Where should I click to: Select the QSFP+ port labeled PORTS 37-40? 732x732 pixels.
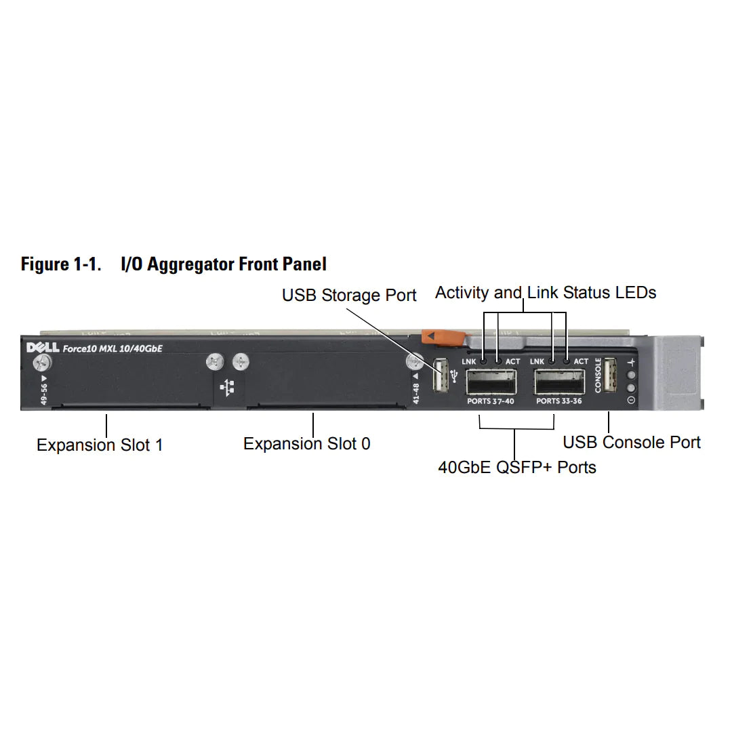pos(491,382)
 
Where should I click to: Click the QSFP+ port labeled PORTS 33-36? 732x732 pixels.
pos(560,382)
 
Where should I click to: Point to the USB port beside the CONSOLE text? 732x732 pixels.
pos(609,374)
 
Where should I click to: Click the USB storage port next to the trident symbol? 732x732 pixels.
pos(441,374)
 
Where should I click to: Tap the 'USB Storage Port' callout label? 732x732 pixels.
pos(349,296)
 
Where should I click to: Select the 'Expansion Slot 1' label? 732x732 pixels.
pos(100,445)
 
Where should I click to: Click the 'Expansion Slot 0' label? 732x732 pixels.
pos(307,444)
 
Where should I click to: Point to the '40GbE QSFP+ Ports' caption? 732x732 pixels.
pos(517,467)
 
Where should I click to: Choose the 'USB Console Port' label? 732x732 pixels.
pos(632,443)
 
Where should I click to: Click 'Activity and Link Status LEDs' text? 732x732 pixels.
pos(546,293)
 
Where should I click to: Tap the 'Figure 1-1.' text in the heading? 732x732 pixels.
pos(61,264)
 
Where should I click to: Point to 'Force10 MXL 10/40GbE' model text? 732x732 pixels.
pos(108,349)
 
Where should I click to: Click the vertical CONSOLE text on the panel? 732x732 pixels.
pos(597,375)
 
